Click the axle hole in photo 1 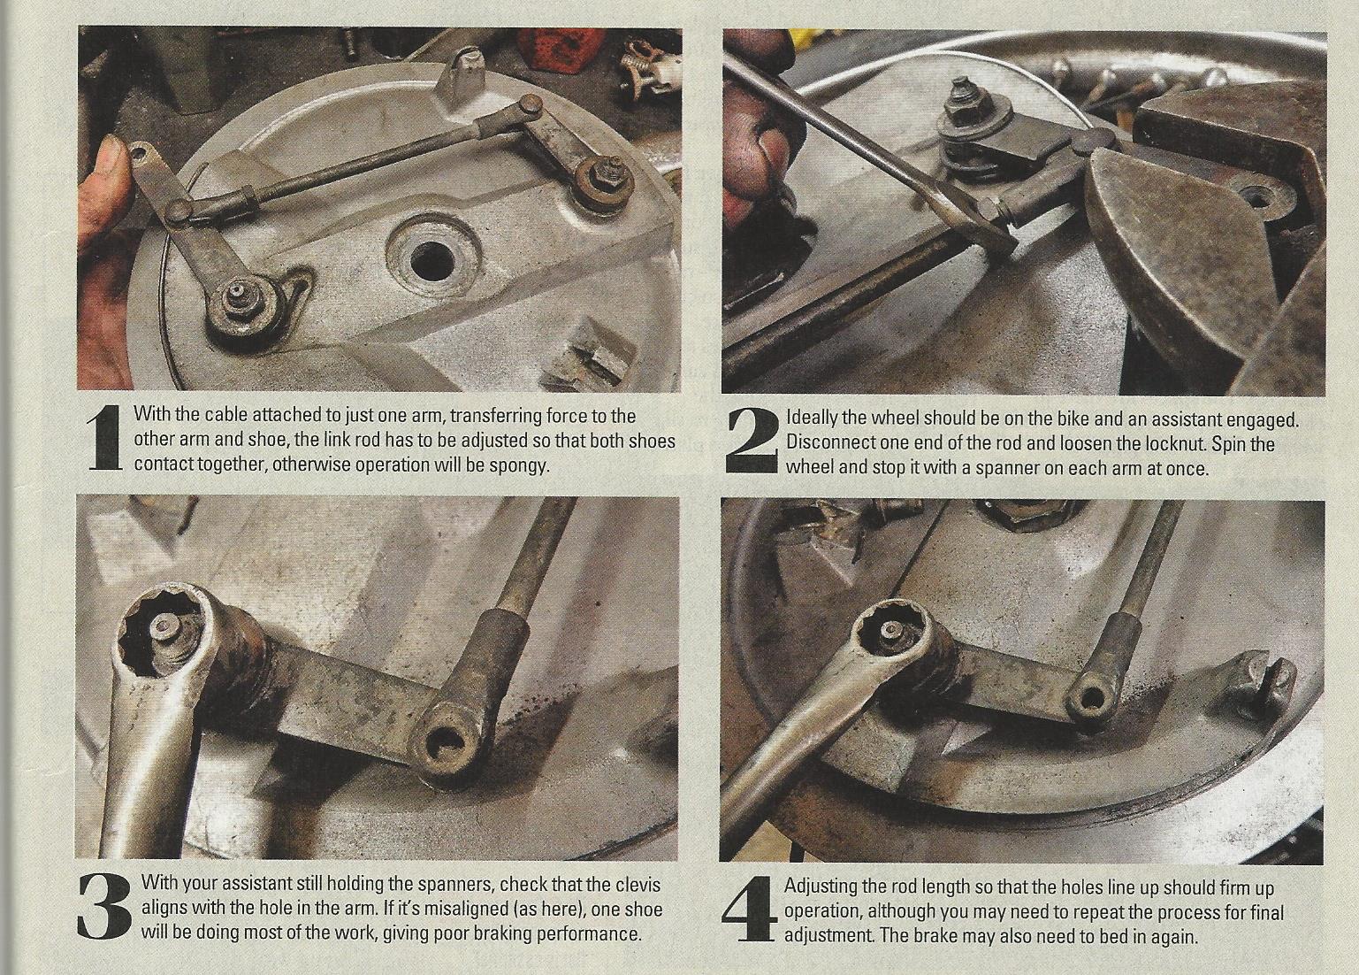coord(432,262)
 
